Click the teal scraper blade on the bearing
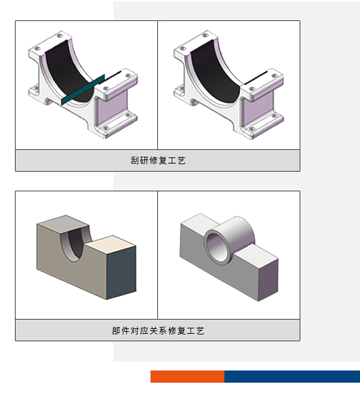coord(83,90)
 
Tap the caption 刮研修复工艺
coord(158,161)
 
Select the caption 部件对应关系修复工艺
coord(158,330)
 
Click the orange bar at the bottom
coord(188,377)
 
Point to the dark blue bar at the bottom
coord(292,377)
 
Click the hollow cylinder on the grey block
coord(230,240)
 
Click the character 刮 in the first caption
coord(135,161)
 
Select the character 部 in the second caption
coord(116,330)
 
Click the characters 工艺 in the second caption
coord(196,330)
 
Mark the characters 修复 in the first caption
coord(158,161)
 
